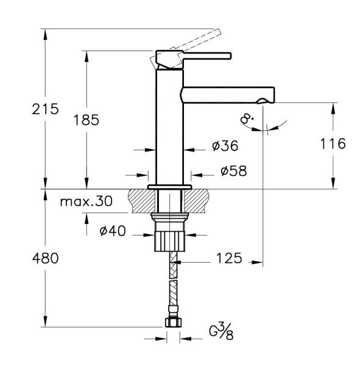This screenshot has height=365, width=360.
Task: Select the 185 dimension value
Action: tap(86, 119)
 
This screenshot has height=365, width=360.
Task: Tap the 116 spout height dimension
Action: tap(332, 144)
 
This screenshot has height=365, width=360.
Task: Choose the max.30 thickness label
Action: tap(86, 202)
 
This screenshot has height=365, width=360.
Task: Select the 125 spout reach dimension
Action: tap(228, 258)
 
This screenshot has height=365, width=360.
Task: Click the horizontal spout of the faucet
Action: tap(225, 94)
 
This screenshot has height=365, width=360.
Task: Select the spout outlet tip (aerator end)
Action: tap(267, 97)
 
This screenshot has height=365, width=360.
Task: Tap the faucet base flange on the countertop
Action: tap(170, 186)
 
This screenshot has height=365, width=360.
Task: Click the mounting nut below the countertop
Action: tap(169, 234)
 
